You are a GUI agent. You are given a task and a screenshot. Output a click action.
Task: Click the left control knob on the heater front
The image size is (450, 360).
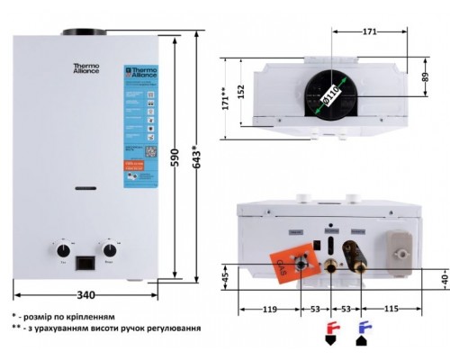click(64, 248)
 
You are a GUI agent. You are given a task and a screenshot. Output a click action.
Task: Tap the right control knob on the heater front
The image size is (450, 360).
click(111, 248)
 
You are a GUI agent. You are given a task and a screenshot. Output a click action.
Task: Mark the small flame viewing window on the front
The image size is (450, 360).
click(86, 189)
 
